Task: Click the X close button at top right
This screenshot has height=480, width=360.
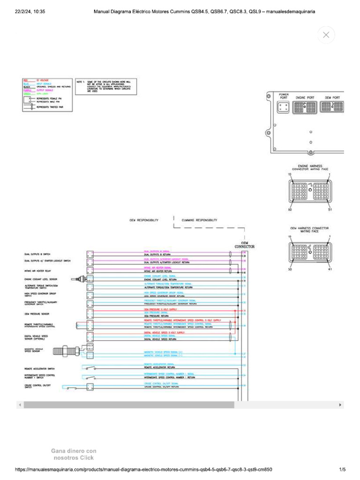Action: click(x=326, y=35)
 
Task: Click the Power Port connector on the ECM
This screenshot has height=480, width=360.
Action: click(x=284, y=107)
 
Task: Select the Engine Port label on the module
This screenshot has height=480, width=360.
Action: click(x=304, y=97)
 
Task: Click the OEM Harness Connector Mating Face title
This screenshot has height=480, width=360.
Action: click(x=309, y=229)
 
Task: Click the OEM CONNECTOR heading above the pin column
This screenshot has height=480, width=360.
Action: click(x=245, y=245)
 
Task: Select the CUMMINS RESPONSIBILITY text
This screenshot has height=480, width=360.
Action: click(x=199, y=220)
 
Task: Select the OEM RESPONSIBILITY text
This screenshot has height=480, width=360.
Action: click(x=144, y=220)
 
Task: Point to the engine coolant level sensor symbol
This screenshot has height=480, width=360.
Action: click(x=78, y=279)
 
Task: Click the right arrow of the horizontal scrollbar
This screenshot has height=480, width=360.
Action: click(x=340, y=404)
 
